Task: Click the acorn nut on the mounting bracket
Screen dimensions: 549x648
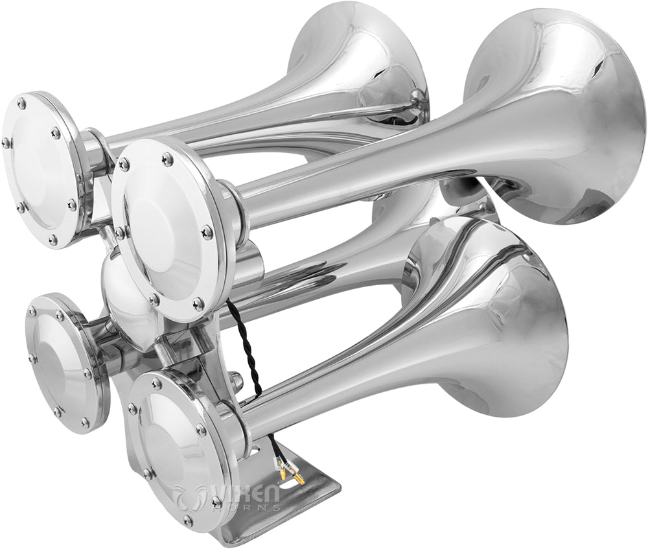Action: pos(236,382)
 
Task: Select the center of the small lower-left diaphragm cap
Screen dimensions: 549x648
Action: pos(62,363)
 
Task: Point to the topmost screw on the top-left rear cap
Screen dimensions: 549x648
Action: pos(21,103)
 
